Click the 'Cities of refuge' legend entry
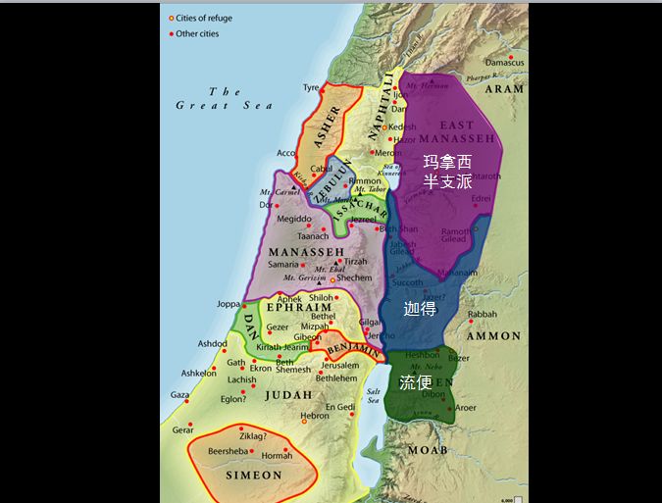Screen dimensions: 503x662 tap(206, 19)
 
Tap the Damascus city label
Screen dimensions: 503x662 tap(504, 63)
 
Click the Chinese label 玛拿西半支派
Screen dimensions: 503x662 tap(447, 171)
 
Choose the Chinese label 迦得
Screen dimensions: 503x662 tap(419, 307)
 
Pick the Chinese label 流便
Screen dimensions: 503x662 tap(416, 382)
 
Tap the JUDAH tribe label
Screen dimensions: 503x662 tap(289, 395)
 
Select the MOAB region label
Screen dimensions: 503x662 tap(428, 449)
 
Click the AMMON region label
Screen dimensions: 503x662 tap(493, 335)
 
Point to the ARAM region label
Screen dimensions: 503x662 tap(504, 88)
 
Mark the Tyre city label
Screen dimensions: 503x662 tap(311, 87)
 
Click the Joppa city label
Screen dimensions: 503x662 tap(229, 304)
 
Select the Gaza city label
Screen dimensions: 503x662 tap(179, 395)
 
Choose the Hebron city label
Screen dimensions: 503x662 tap(315, 416)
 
